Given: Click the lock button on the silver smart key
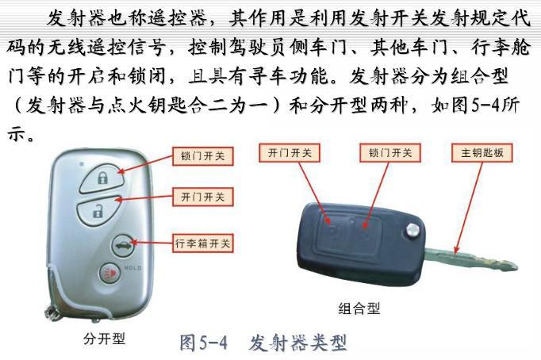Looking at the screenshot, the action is [102, 178].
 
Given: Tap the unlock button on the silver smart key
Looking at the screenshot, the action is [98, 211].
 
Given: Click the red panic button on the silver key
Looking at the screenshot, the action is [109, 274].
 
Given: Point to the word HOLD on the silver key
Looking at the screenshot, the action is [132, 268].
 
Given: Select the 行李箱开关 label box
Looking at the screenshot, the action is [203, 243].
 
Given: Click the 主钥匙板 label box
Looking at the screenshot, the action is [482, 153].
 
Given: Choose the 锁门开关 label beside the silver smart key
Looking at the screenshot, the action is [203, 156].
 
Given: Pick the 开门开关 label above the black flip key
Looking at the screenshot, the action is [290, 153].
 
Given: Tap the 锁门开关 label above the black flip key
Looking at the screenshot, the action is [390, 153].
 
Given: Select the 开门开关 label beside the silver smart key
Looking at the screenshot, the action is [203, 197].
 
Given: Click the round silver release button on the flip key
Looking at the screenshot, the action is [412, 230].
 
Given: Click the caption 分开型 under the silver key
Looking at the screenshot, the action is [104, 339].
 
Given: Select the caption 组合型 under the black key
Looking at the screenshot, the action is [359, 308].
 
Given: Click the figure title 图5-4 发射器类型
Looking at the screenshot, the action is [263, 343].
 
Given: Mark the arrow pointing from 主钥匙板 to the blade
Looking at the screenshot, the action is [469, 209].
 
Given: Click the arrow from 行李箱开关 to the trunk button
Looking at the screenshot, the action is [152, 243].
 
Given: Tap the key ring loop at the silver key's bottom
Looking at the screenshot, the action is [52, 313].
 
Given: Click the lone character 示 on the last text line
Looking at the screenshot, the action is [17, 134].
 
